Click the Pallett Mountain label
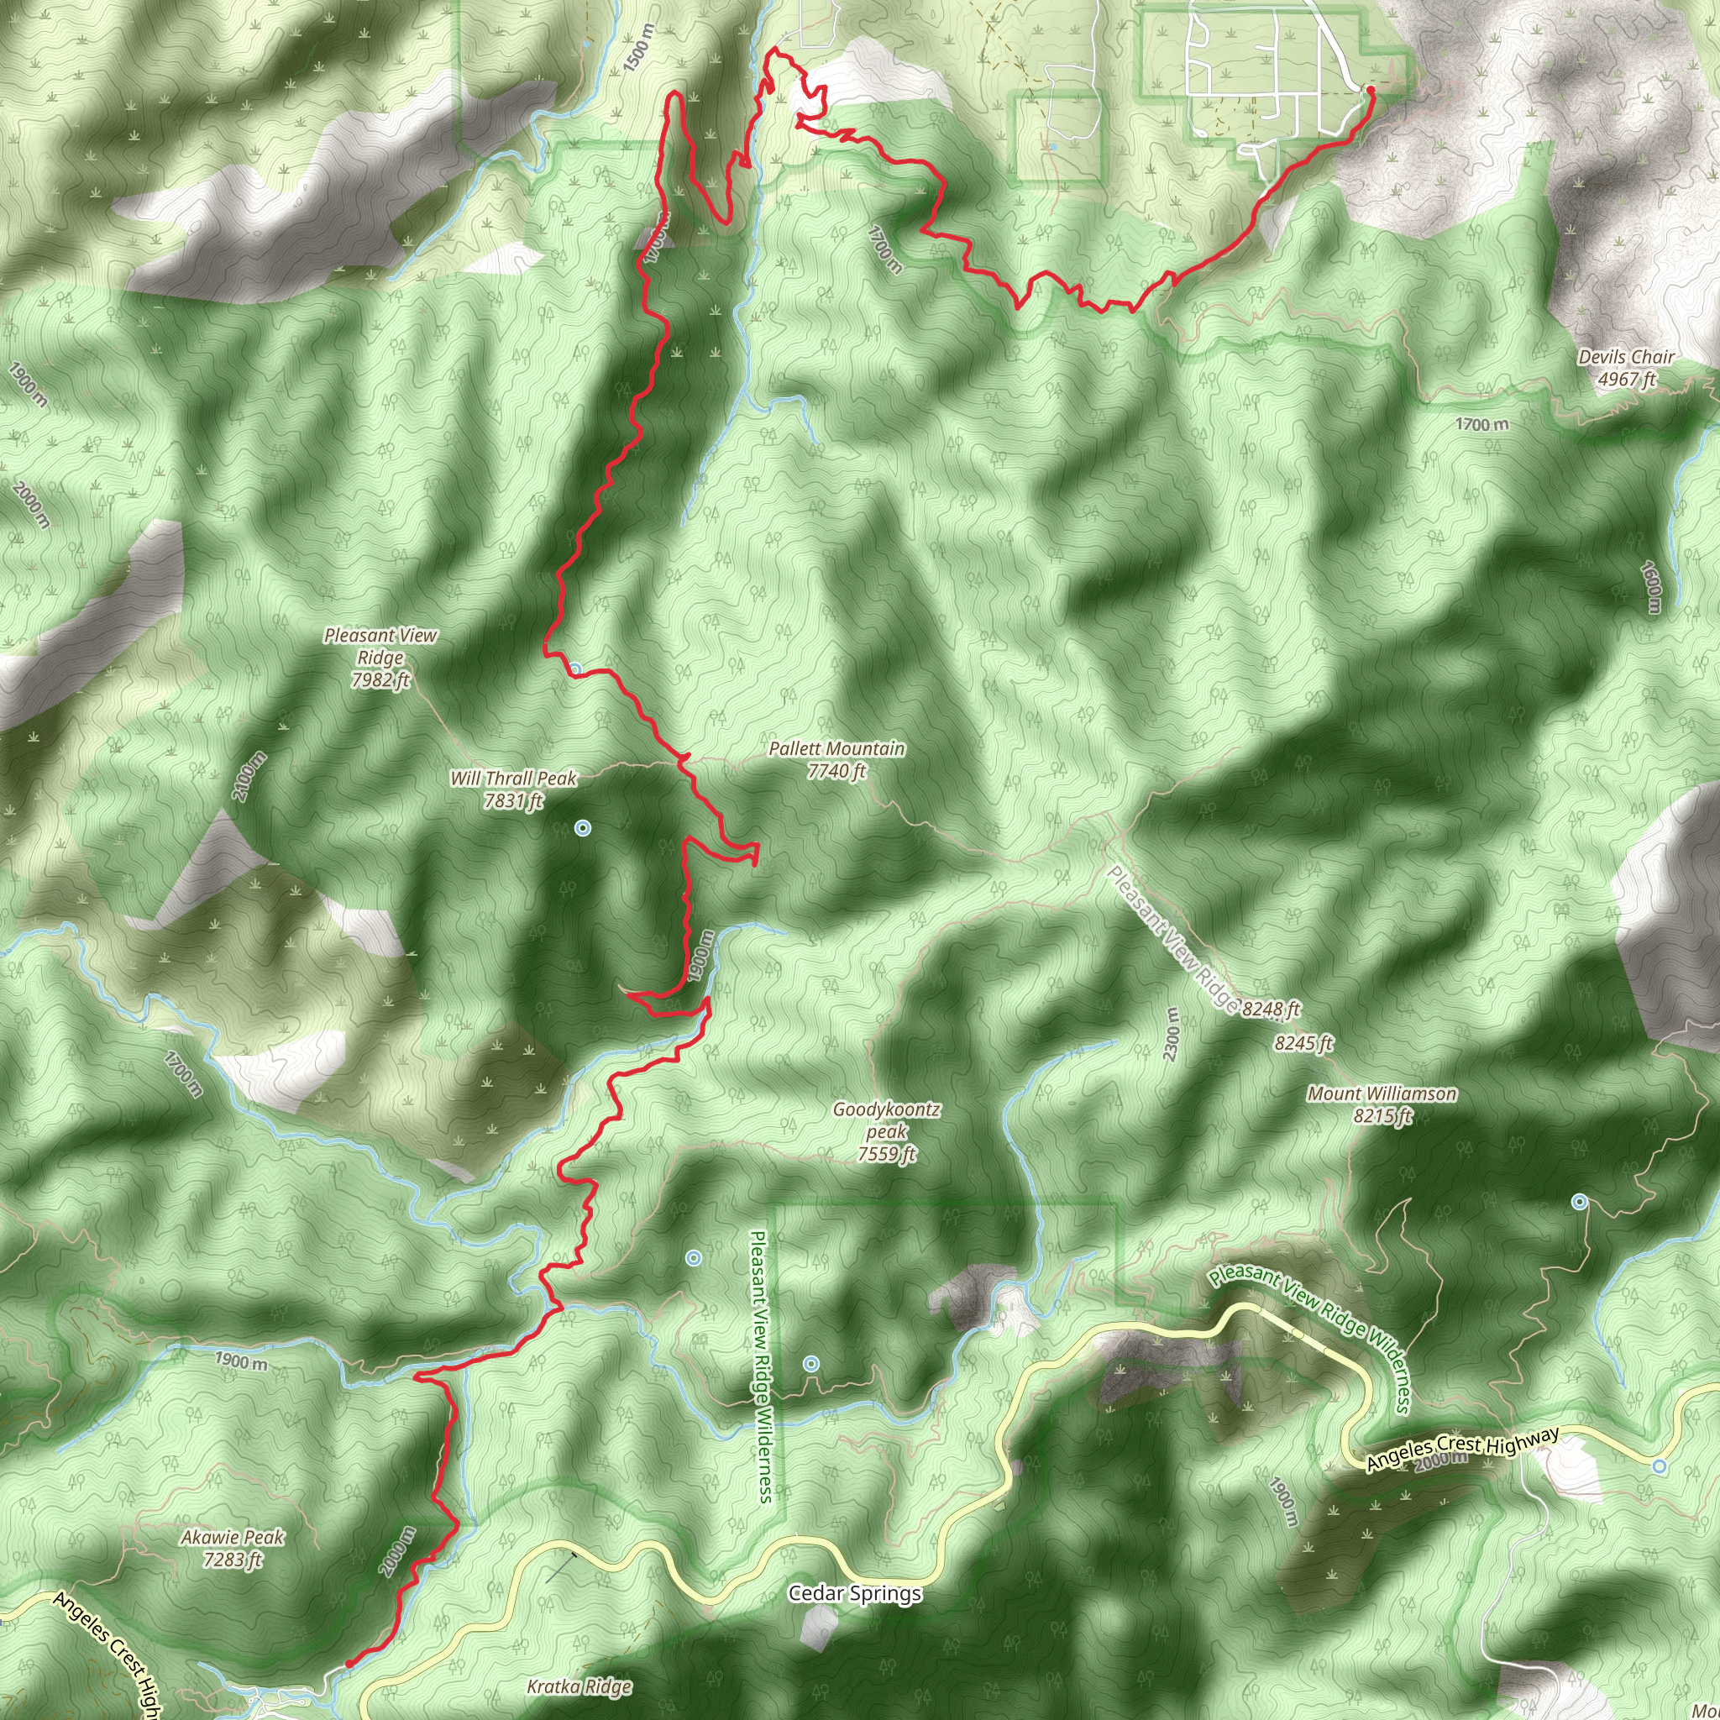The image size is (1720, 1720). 836,759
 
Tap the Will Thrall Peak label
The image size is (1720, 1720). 514,789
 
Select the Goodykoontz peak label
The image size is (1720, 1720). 887,1131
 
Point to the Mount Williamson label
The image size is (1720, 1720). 1382,1104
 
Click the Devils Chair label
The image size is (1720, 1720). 1626,368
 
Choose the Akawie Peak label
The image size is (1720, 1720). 233,1547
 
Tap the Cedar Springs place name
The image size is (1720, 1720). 855,1592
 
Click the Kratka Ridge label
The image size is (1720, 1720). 579,1686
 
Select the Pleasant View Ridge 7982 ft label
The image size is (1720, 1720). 380,657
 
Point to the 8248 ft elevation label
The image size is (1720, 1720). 1271,1009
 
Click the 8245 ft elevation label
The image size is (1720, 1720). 1303,1042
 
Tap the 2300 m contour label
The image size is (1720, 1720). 1172,1034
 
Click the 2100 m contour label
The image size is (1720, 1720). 250,776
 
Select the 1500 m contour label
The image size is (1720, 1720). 638,48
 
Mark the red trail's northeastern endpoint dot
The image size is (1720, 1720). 1370,90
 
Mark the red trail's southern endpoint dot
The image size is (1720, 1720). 349,1662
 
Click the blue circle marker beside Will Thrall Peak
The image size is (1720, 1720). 582,828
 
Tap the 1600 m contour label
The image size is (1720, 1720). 1651,587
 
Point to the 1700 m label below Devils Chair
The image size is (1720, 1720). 1482,425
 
